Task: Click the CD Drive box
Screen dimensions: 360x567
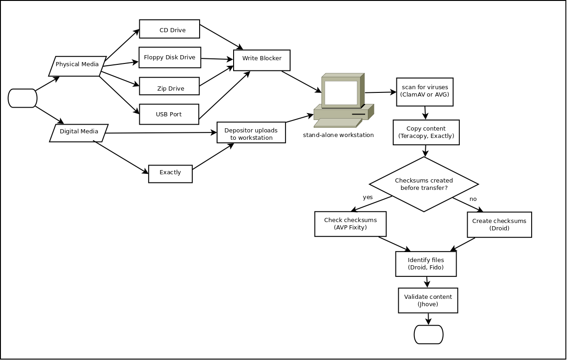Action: tap(169, 29)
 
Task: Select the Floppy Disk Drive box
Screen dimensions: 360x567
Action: tap(170, 57)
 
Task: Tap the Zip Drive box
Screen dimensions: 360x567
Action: tap(169, 86)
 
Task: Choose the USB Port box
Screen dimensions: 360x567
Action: tap(169, 114)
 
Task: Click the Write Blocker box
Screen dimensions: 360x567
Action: tap(262, 60)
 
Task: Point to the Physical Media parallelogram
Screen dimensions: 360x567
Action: tap(77, 66)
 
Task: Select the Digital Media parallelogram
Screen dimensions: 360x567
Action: tap(79, 133)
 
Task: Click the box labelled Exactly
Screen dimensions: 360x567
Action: tap(170, 173)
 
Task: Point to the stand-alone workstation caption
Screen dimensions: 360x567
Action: tap(338, 135)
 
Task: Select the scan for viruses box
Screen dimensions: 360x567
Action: tap(424, 92)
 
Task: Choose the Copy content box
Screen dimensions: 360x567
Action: tap(426, 132)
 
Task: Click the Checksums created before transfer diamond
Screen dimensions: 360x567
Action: tap(424, 184)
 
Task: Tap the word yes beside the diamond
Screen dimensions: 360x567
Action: tap(368, 197)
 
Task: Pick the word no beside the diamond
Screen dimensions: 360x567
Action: tap(473, 199)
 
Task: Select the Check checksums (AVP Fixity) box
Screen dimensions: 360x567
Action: tap(350, 224)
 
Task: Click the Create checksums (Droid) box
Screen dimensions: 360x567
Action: tap(499, 224)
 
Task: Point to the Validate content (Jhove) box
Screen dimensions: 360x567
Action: tap(428, 300)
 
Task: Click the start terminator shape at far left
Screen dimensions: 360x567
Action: tap(23, 98)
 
